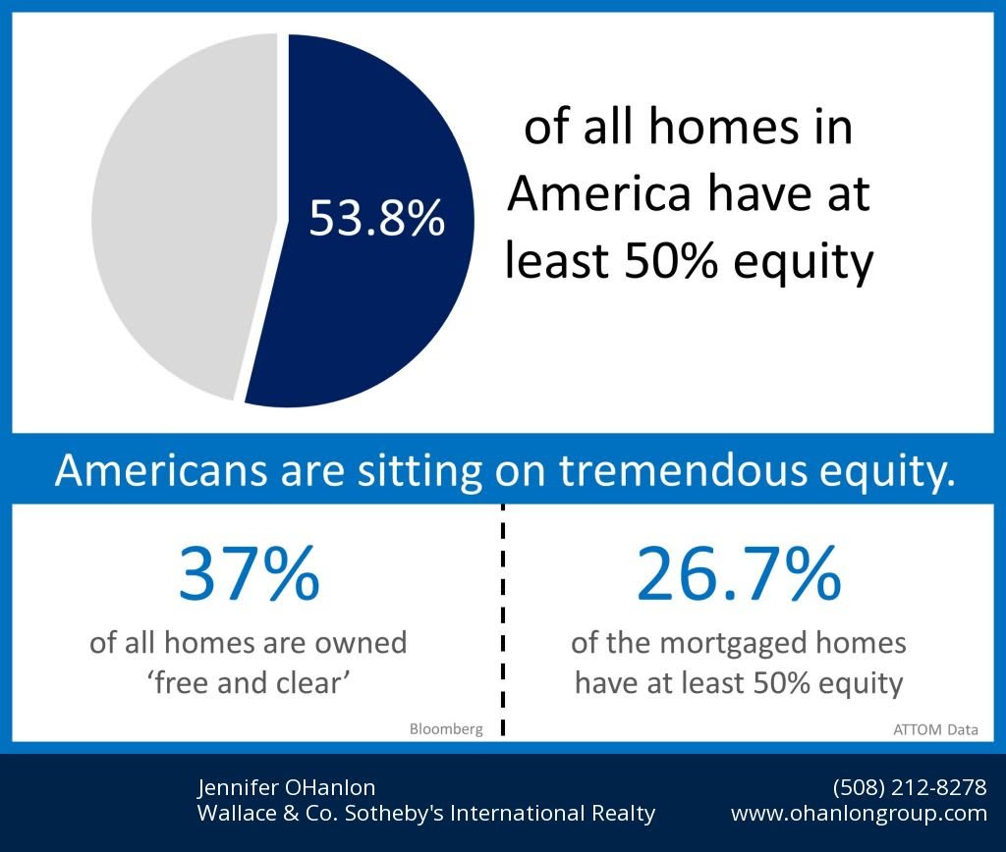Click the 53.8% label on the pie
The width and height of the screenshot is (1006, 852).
[x=376, y=218]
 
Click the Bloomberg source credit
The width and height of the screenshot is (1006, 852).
[x=446, y=729]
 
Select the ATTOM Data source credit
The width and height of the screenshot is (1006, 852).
[x=935, y=729]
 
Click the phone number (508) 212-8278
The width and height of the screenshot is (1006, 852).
[x=910, y=786]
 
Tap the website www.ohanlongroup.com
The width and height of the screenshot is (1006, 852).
[x=859, y=814]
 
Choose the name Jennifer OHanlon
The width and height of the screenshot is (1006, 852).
[x=286, y=787]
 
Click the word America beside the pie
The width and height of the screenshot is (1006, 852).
[x=598, y=193]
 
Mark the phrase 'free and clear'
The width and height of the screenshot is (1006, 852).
[x=249, y=683]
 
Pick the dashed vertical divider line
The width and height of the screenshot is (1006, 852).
[x=503, y=619]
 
